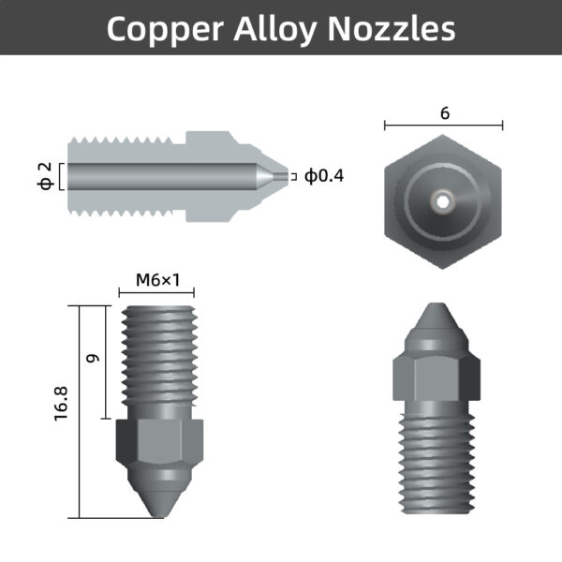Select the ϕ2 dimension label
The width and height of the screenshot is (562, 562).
[x=43, y=176]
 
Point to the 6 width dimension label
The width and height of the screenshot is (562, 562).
[x=444, y=113]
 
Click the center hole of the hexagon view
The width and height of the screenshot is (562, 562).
[x=442, y=199]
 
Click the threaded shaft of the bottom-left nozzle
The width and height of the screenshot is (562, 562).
[x=157, y=361]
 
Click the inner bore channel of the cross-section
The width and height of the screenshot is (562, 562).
[x=159, y=176]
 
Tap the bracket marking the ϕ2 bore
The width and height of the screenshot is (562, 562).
[x=62, y=176]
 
